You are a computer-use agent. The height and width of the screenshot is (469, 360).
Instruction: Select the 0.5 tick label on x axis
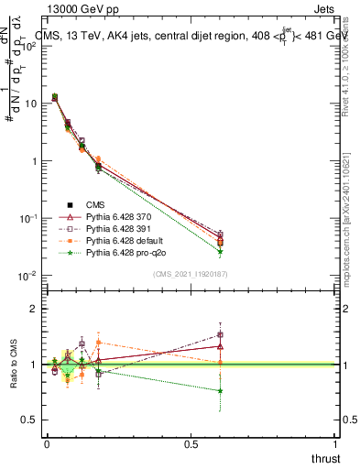click(x=190, y=445)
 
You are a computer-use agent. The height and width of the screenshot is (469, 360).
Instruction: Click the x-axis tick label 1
click(x=335, y=445)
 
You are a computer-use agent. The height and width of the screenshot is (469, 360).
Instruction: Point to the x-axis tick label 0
click(x=47, y=445)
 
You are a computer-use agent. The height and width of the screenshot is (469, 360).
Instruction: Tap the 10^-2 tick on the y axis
click(x=27, y=276)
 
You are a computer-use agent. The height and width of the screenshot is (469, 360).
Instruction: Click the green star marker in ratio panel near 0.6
click(x=221, y=391)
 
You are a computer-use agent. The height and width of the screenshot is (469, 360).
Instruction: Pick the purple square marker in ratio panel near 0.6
click(x=221, y=335)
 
